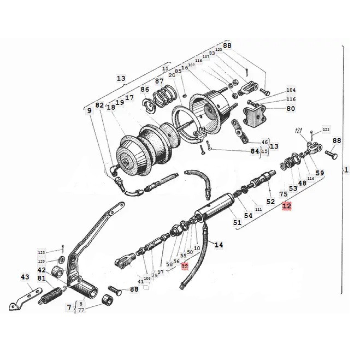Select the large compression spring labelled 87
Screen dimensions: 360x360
click(163, 97)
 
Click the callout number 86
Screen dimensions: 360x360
click(145, 89)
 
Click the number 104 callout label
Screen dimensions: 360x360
click(291, 90)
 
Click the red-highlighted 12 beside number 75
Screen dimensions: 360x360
click(287, 206)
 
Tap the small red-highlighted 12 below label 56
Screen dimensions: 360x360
click(185, 266)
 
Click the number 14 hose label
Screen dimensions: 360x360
click(219, 245)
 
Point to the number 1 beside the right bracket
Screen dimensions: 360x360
click(346, 170)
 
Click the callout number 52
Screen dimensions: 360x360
click(271, 201)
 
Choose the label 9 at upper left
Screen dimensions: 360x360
click(89, 110)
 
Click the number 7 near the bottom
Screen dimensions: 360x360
click(69, 307)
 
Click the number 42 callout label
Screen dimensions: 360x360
click(42, 270)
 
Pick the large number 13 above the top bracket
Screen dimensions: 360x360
click(121, 79)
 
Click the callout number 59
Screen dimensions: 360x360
click(320, 173)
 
